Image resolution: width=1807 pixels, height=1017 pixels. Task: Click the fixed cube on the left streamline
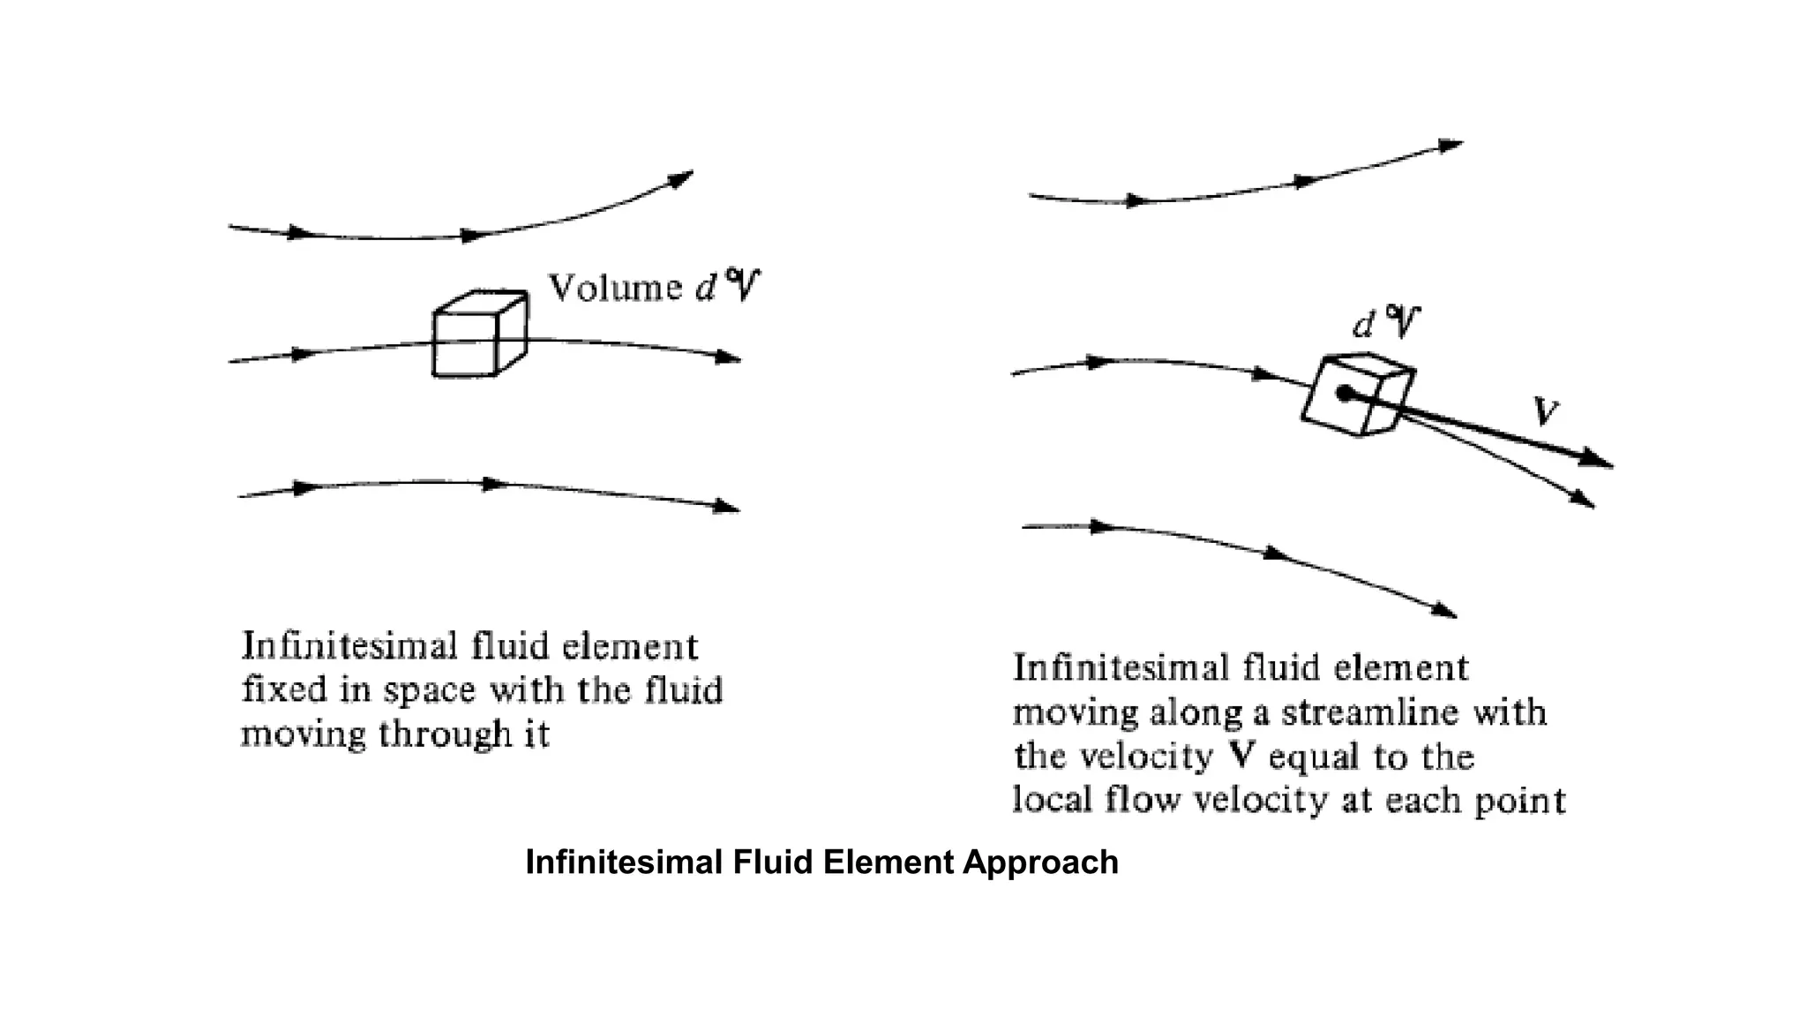[x=479, y=335]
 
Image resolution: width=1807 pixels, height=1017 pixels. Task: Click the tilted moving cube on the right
[x=1359, y=395]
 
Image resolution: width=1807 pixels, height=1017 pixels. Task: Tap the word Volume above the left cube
[x=615, y=289]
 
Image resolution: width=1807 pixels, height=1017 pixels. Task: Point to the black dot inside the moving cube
[x=1344, y=394]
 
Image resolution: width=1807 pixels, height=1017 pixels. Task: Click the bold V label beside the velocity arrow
[x=1545, y=411]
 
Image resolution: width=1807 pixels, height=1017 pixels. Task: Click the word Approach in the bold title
[x=1040, y=862]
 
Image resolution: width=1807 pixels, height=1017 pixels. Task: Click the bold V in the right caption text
[x=1243, y=757]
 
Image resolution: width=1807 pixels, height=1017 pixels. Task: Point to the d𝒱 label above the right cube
[x=1387, y=324]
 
